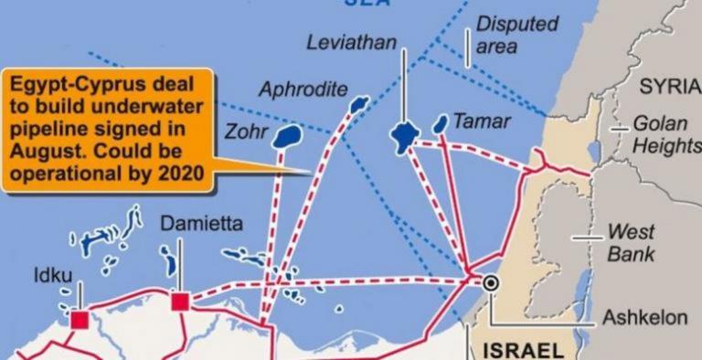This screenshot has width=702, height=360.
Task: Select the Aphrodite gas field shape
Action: point(358,104)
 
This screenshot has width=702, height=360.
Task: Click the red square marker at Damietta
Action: point(180,302)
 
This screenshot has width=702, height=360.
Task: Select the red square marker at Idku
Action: point(80,319)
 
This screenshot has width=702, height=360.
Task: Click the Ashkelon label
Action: point(644,317)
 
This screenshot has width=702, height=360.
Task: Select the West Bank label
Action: point(632,242)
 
